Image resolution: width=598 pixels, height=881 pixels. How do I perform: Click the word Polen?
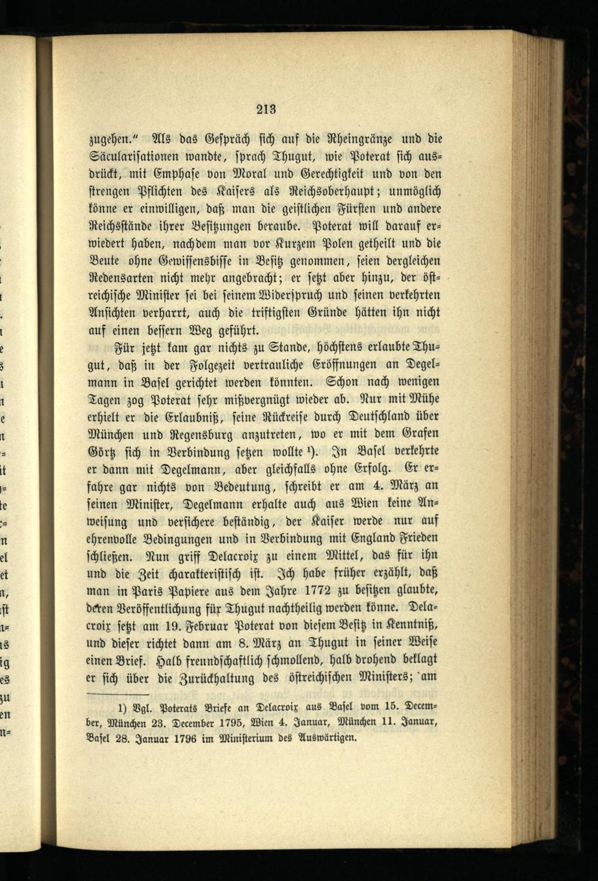(x=341, y=244)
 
